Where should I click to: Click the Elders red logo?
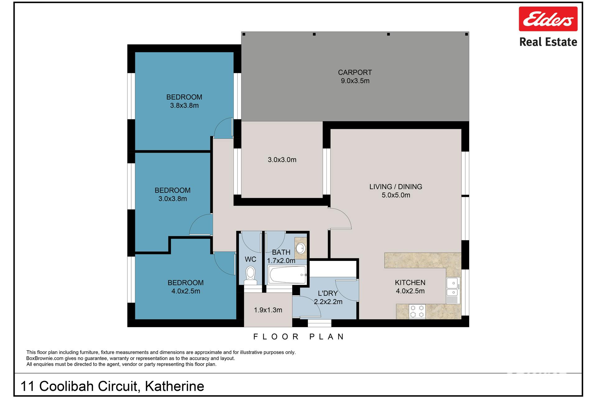[x=548, y=19]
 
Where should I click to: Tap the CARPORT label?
[x=355, y=72]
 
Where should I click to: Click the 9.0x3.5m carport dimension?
[x=355, y=81]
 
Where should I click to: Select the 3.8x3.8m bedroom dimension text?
[x=184, y=105]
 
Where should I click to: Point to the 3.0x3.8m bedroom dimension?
[x=173, y=199]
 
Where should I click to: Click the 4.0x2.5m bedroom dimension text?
[x=186, y=291]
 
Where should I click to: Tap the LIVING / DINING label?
[x=396, y=187]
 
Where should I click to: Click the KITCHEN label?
[x=410, y=283]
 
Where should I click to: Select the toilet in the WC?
[x=250, y=275]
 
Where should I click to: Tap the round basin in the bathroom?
[x=300, y=248]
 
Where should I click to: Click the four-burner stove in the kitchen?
[x=417, y=312]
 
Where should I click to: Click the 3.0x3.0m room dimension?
[x=282, y=160]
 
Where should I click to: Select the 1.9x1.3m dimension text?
[x=268, y=310]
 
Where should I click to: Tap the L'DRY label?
[x=328, y=293]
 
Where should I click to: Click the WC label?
[x=251, y=259]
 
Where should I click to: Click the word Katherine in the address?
[x=174, y=386]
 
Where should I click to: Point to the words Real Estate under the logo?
[x=548, y=42]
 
